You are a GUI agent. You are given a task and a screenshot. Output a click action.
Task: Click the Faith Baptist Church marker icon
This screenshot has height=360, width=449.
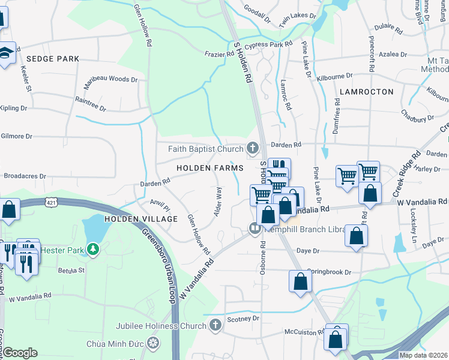(x=253, y=148)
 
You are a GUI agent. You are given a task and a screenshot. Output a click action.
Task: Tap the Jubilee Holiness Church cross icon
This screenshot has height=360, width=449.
(x=215, y=326)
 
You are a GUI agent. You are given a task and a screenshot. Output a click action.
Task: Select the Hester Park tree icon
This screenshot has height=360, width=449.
(x=92, y=248)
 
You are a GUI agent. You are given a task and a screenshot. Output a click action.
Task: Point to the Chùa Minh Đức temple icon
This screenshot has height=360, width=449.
(x=154, y=344)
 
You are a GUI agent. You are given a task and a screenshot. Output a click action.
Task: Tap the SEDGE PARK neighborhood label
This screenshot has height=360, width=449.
(x=53, y=59)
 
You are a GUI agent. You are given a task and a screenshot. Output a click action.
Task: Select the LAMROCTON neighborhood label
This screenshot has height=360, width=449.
(x=366, y=92)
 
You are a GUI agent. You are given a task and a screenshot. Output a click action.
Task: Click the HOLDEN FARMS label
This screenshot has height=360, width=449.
(x=209, y=168)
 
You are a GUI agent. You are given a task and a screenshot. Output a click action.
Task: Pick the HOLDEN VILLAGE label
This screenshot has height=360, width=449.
(x=141, y=219)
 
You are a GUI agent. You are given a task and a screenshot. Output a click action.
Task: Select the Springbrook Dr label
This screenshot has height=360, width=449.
(x=328, y=272)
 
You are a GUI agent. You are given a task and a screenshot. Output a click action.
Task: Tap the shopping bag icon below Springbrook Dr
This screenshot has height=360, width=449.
(x=300, y=281)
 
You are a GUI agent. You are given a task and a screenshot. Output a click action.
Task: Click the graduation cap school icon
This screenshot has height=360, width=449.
(x=5, y=52)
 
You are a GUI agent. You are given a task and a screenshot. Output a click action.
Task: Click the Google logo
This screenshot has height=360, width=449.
(x=20, y=353)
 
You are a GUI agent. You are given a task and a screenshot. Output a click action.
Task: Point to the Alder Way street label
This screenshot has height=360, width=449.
(x=218, y=202)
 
